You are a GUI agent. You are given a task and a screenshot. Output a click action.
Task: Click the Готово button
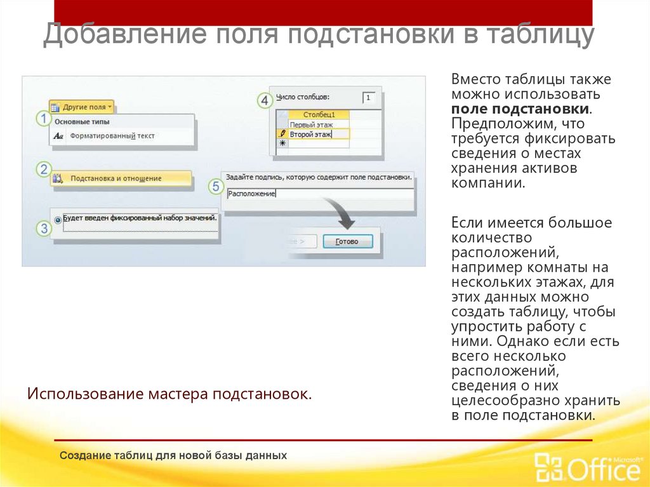coord(347,241)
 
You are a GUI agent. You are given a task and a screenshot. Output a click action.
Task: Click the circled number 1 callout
coord(43,119)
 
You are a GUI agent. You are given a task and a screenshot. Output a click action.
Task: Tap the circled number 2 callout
coord(43,170)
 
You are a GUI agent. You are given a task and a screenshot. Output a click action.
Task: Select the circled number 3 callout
coord(43,229)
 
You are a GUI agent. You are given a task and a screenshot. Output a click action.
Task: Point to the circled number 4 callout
coord(264,100)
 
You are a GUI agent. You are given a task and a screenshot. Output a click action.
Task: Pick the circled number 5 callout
coord(216,187)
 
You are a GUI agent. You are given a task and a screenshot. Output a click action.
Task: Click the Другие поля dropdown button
coord(82,107)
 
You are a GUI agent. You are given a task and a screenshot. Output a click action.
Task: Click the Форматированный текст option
coord(112,135)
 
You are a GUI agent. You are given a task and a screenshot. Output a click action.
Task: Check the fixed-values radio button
coord(58,219)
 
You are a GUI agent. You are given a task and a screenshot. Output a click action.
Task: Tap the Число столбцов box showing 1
coord(369,98)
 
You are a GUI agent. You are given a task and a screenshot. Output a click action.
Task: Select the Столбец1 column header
coord(319,114)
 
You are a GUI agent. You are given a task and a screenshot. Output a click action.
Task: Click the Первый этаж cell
coord(311,125)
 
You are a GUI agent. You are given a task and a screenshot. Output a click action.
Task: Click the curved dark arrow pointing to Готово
coord(340,215)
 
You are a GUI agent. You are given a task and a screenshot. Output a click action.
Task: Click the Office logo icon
coord(547,469)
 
